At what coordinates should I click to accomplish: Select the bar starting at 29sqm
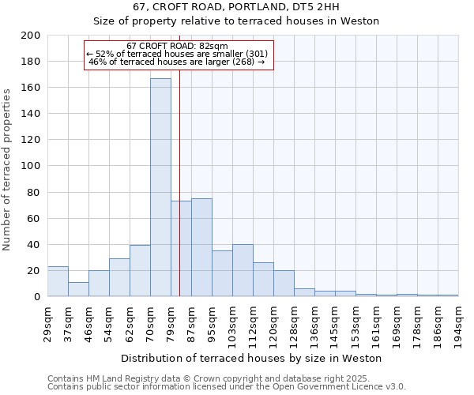click(58, 281)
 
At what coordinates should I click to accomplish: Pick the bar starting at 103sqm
click(243, 270)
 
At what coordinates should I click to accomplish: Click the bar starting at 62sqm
click(140, 270)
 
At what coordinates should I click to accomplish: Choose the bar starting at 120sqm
click(284, 283)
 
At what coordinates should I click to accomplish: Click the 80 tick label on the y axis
click(34, 192)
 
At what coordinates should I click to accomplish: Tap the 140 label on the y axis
click(31, 114)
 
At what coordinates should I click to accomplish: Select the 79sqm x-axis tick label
click(171, 322)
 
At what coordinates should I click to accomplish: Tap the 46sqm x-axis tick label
click(88, 322)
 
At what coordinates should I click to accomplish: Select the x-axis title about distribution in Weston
click(253, 358)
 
